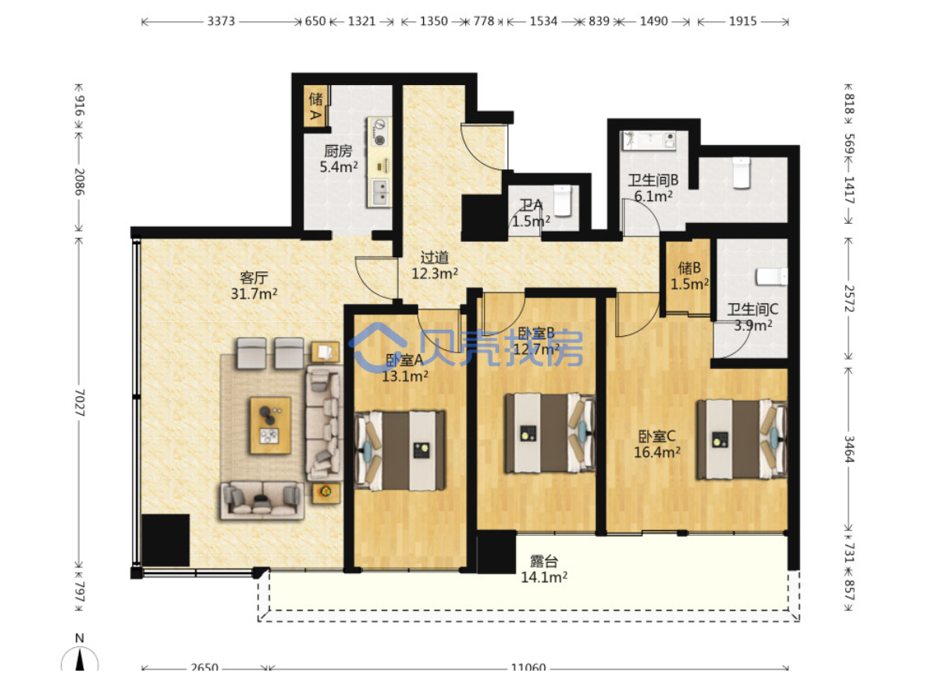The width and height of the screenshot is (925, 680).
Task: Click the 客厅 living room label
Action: click(254, 278)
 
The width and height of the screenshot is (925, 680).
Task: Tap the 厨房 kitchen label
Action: click(338, 151)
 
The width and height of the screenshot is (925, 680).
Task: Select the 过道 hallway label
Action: click(435, 257)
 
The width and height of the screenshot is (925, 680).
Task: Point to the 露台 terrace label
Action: click(544, 561)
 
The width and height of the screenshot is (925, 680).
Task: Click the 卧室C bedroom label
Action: click(657, 437)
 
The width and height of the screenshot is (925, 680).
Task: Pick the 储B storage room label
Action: click(689, 268)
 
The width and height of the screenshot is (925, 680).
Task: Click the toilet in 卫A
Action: click(563, 200)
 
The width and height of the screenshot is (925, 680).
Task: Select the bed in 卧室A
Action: click(400, 450)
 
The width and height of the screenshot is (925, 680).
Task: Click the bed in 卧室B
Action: click(550, 433)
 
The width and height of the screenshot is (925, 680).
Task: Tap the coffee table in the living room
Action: click(271, 426)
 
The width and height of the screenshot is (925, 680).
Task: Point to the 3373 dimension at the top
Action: click(221, 21)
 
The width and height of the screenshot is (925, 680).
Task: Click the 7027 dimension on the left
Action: click(80, 402)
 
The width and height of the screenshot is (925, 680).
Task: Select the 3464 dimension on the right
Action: click(849, 449)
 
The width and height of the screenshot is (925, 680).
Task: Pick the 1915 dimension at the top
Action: click(742, 21)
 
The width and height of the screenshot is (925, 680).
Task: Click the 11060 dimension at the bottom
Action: click(528, 668)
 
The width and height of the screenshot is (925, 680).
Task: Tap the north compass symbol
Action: click(80, 653)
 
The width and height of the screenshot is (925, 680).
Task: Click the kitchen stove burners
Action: click(380, 132)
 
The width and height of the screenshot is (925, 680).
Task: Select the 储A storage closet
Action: click(316, 105)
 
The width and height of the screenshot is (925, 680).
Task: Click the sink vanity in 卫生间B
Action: click(649, 141)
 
